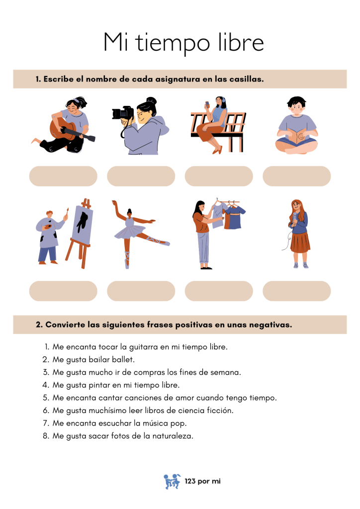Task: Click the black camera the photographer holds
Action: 123,113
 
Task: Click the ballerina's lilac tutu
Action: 130,233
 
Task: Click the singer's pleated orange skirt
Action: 300,242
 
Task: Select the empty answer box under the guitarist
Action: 63,176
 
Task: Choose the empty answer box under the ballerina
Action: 141,291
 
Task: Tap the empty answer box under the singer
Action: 297,291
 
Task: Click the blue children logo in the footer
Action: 172,481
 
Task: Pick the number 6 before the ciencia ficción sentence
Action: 45,411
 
